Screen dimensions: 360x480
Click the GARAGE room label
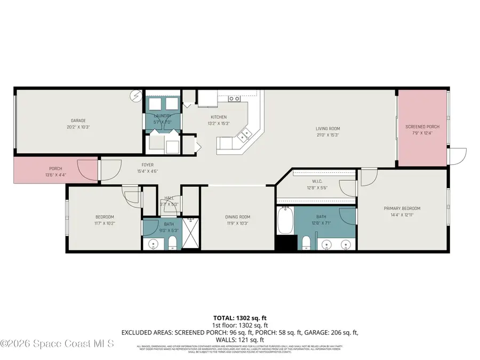78,121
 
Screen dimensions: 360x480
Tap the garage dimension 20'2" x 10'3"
78,127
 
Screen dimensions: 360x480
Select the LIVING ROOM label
327,129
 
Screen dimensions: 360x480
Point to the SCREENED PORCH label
422,127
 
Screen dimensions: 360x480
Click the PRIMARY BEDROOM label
402,209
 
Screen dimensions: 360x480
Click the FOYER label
147,165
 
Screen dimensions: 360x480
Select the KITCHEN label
219,117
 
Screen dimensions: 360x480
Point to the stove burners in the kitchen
234,99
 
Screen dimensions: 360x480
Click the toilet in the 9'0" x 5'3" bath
172,244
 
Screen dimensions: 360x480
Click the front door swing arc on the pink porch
88,170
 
